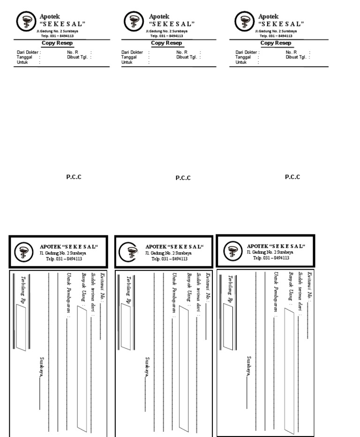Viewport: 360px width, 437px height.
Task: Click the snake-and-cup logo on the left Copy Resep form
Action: click(25, 21)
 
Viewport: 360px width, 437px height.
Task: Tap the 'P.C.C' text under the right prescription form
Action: click(292, 177)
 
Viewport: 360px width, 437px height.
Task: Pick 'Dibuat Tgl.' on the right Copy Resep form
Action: click(296, 57)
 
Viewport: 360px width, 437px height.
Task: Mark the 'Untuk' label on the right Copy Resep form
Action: click(241, 62)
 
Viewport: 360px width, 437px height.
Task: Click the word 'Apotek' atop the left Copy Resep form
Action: click(50, 16)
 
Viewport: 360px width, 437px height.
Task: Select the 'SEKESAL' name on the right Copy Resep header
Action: click(281, 23)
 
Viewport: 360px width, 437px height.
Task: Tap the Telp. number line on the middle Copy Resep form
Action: click(166, 36)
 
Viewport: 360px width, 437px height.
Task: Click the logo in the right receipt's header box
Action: click(230, 251)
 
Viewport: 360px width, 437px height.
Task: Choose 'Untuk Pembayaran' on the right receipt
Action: click(277, 294)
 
